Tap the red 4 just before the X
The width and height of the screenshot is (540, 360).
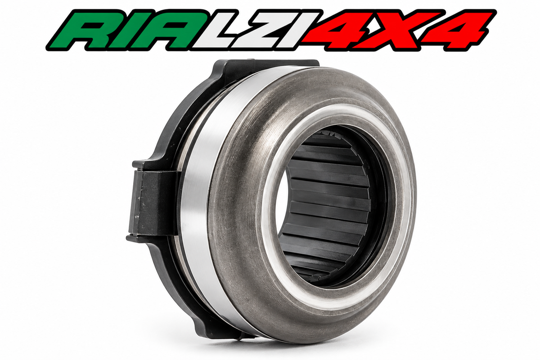pyautogui.click(x=342, y=30)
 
